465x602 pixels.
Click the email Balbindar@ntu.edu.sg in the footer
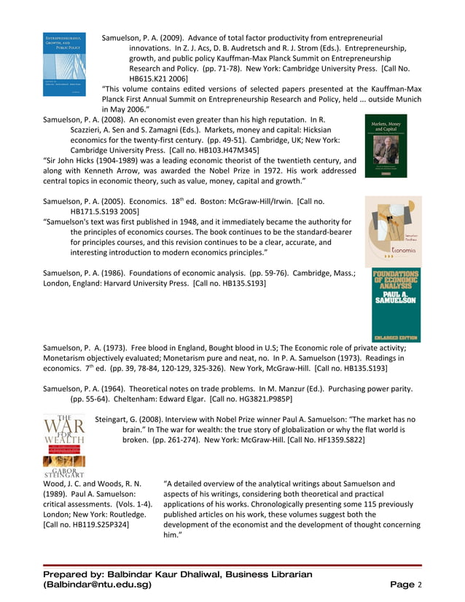tap(98, 585)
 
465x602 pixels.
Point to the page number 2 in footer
tap(419, 585)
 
